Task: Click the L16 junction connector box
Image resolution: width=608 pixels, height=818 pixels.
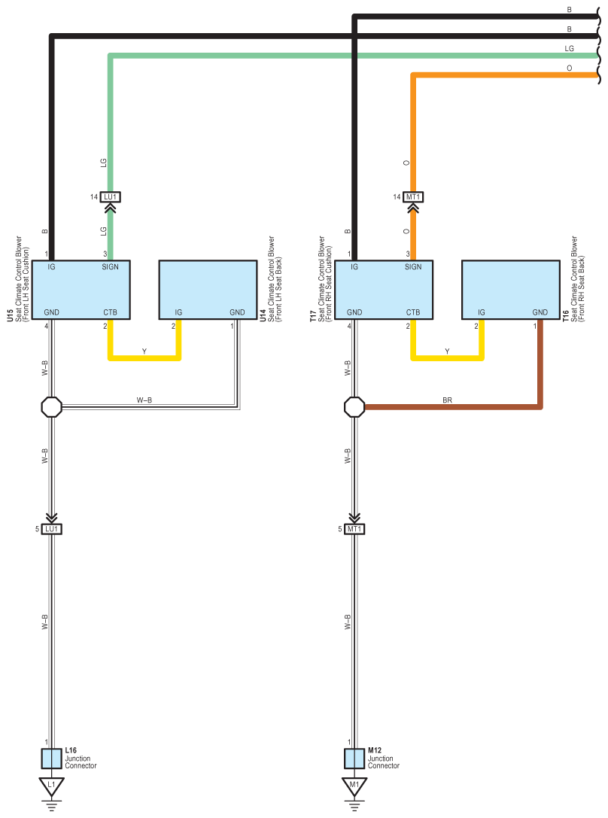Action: pyautogui.click(x=52, y=759)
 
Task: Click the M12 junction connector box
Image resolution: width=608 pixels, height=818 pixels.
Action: pyautogui.click(x=354, y=759)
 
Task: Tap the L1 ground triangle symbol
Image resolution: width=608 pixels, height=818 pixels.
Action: pyautogui.click(x=52, y=786)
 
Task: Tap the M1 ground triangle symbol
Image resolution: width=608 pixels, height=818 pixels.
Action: pyautogui.click(x=354, y=786)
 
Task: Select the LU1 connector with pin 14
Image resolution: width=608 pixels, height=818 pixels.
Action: pyautogui.click(x=110, y=196)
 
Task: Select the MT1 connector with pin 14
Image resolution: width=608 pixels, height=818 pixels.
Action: pyautogui.click(x=413, y=196)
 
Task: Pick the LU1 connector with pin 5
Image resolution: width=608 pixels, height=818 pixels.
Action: pyautogui.click(x=52, y=529)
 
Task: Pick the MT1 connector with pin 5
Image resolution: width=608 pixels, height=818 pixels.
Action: pyautogui.click(x=354, y=529)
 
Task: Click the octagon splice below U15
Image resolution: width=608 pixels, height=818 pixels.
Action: pyautogui.click(x=52, y=407)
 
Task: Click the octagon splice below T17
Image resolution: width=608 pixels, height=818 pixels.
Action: pyautogui.click(x=354, y=407)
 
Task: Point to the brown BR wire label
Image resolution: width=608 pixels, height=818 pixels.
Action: pyautogui.click(x=448, y=400)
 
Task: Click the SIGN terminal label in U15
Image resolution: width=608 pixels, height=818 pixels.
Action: pyautogui.click(x=110, y=266)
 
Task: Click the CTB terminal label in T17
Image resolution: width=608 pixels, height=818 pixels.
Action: pyautogui.click(x=413, y=312)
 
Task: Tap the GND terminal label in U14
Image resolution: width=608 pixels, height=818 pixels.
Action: pyautogui.click(x=237, y=312)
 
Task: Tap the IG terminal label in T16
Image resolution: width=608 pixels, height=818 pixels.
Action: pyautogui.click(x=482, y=312)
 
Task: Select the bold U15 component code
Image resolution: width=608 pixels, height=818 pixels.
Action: pyautogui.click(x=10, y=315)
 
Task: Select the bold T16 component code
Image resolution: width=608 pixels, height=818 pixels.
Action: pyautogui.click(x=566, y=315)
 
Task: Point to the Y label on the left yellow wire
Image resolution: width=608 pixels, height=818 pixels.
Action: pyautogui.click(x=144, y=351)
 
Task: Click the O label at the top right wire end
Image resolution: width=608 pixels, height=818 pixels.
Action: pyautogui.click(x=570, y=68)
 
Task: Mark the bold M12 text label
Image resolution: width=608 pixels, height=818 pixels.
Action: pyautogui.click(x=375, y=750)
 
